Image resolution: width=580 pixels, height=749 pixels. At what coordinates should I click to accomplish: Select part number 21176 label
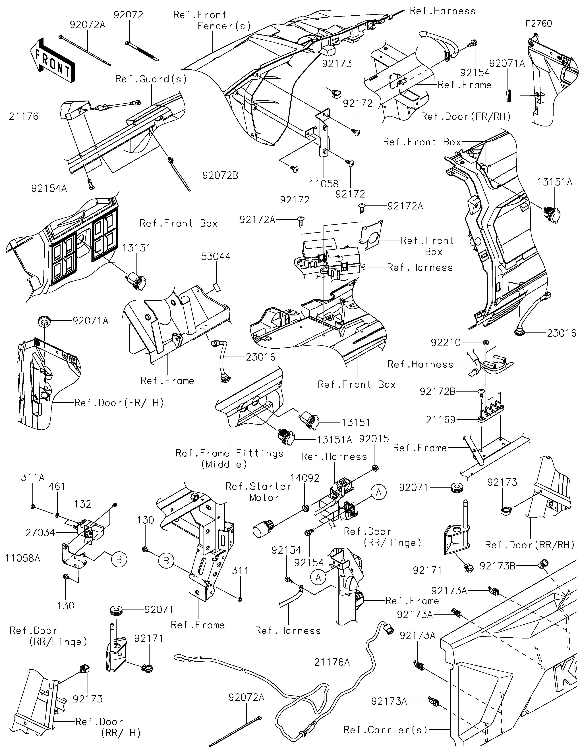tap(24, 117)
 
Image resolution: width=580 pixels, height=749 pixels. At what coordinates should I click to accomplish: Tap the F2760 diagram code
tap(539, 24)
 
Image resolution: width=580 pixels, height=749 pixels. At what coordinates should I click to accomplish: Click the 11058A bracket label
tap(23, 558)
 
